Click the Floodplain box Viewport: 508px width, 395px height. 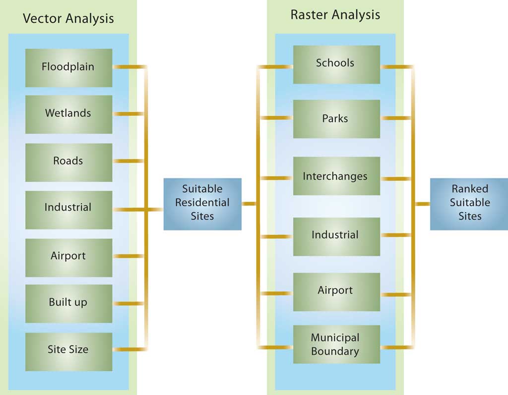pos(68,67)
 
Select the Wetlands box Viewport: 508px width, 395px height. pos(68,114)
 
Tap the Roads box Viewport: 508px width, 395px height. pos(68,162)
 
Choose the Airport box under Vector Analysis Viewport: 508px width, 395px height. pos(68,257)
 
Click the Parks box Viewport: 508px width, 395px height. pos(336,119)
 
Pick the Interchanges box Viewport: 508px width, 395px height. pos(336,176)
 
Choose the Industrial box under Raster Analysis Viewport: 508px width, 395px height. pos(336,236)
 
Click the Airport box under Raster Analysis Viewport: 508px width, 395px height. pos(336,291)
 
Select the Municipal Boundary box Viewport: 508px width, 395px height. pos(336,344)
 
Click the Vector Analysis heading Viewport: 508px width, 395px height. pos(68,19)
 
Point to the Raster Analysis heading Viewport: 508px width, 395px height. pos(335,15)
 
